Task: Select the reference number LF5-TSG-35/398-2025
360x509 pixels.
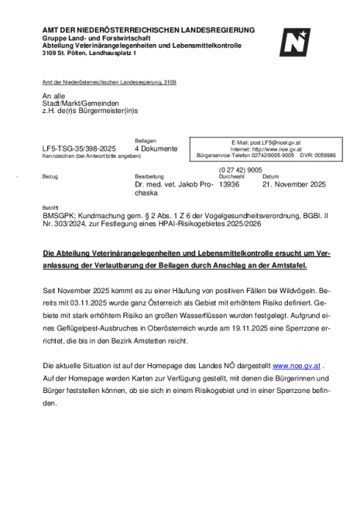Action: click(x=79, y=148)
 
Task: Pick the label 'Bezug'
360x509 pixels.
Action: click(x=49, y=177)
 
